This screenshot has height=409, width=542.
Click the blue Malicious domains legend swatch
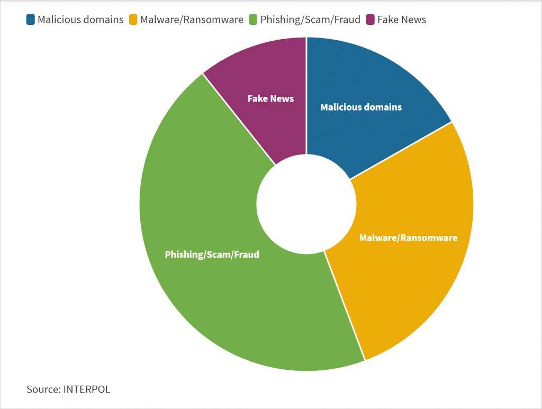(x=30, y=20)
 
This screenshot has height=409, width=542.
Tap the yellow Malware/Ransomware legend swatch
(x=133, y=20)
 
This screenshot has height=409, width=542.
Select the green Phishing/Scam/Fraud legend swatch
(x=253, y=20)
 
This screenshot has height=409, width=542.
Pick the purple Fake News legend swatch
(x=370, y=20)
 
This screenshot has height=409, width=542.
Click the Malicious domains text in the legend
(x=80, y=20)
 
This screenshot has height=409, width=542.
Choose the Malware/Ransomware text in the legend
(x=192, y=20)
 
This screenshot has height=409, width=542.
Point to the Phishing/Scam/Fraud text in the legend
(x=310, y=20)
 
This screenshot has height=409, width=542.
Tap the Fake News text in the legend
(x=402, y=20)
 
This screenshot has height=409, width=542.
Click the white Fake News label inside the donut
(x=270, y=99)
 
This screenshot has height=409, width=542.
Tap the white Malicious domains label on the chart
(x=361, y=107)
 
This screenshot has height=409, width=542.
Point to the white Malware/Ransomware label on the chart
(x=409, y=238)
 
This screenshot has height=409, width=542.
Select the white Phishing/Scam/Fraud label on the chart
(x=212, y=255)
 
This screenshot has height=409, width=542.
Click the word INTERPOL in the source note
(x=87, y=389)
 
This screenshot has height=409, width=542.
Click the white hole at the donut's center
(x=306, y=204)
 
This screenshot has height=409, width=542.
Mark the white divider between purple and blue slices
(x=306, y=96)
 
